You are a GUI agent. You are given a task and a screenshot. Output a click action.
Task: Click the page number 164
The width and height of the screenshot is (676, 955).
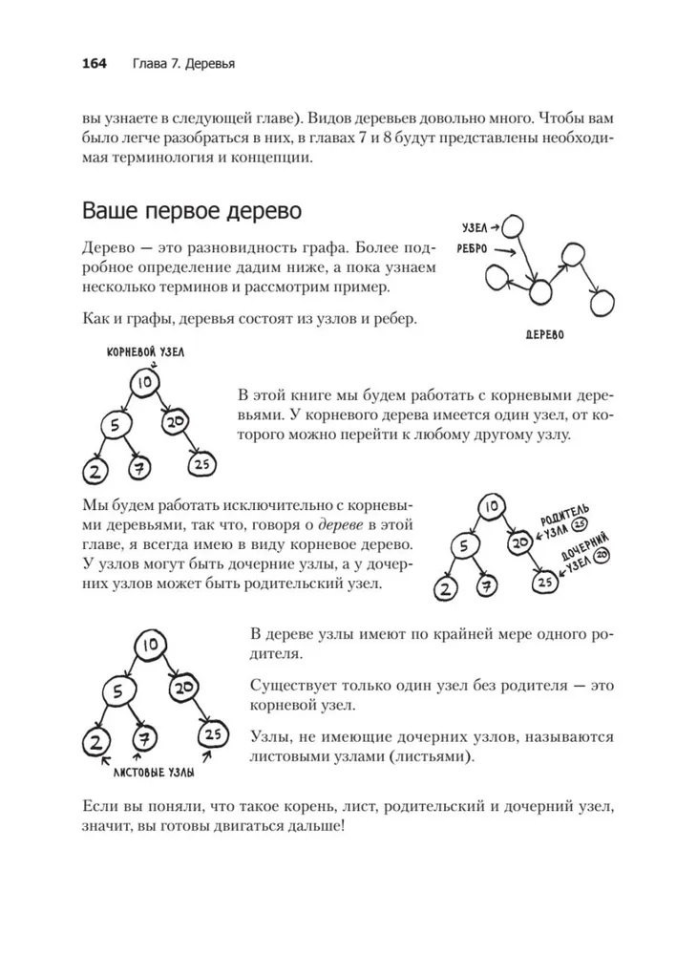click(x=94, y=64)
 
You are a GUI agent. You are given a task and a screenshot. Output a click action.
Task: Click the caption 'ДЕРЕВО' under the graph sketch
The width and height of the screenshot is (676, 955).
click(x=544, y=335)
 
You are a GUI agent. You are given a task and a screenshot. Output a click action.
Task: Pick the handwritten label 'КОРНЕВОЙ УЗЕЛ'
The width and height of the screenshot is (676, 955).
click(x=146, y=352)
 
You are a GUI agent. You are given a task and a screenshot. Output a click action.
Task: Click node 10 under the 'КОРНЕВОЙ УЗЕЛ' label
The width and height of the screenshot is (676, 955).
click(x=144, y=384)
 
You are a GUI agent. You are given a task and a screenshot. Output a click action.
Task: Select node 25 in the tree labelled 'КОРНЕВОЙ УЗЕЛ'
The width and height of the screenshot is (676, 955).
click(x=201, y=465)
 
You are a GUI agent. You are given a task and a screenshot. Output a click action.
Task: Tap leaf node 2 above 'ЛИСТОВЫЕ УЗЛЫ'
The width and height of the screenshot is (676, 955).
click(x=94, y=740)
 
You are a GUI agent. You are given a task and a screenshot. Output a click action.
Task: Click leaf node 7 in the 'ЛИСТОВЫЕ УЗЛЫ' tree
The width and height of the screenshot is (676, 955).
click(x=145, y=739)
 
